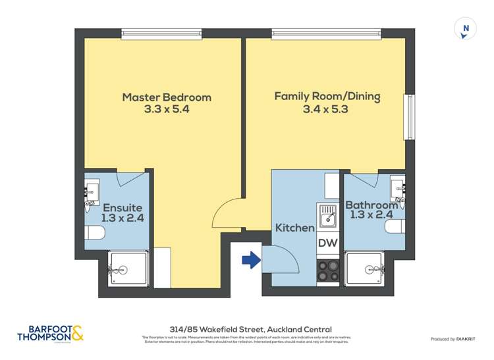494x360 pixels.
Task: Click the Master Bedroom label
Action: pos(167,97)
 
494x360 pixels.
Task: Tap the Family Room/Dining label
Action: pos(327,97)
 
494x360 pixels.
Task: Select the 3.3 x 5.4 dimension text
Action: pos(167,110)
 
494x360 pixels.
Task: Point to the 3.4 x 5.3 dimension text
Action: pos(327,109)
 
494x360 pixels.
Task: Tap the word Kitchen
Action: pos(294,228)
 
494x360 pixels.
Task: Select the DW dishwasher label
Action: pos(327,243)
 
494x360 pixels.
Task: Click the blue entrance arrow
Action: pos(251,261)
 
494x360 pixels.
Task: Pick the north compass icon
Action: pos(466,29)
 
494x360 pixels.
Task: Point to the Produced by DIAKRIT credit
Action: pos(454,339)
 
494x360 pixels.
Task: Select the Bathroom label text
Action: pos(372,205)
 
